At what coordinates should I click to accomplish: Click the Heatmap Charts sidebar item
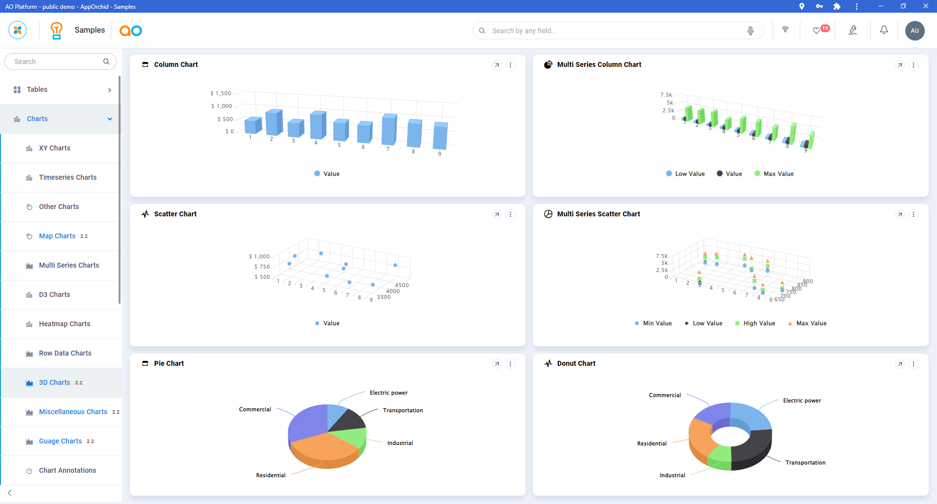point(64,324)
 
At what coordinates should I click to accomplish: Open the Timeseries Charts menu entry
point(67,177)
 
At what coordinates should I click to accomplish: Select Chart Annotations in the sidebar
point(67,470)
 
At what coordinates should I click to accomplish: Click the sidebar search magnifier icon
point(106,62)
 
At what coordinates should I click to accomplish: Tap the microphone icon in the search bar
point(751,31)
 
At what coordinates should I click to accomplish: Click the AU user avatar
point(915,30)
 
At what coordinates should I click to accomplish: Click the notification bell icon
point(884,30)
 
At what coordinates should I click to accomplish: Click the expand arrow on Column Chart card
point(497,65)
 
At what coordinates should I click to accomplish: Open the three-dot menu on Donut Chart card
point(914,364)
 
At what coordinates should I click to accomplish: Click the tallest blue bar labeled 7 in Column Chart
point(389,129)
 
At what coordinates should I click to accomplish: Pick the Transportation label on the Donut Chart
point(805,462)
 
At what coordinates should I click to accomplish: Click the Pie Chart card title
point(169,363)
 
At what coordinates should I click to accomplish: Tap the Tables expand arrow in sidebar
point(110,90)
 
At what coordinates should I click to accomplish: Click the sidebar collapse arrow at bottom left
point(10,493)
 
